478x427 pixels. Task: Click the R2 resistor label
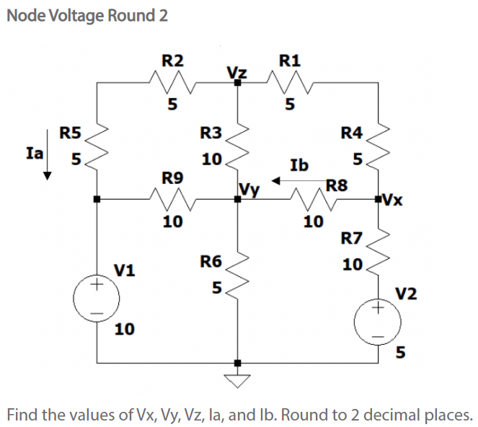[x=171, y=60]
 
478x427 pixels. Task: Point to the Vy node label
[x=248, y=190]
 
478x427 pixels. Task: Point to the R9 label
[x=171, y=177]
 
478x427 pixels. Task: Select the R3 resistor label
[x=211, y=133]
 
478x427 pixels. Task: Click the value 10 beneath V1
[x=123, y=330]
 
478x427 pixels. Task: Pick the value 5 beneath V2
[x=401, y=353]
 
